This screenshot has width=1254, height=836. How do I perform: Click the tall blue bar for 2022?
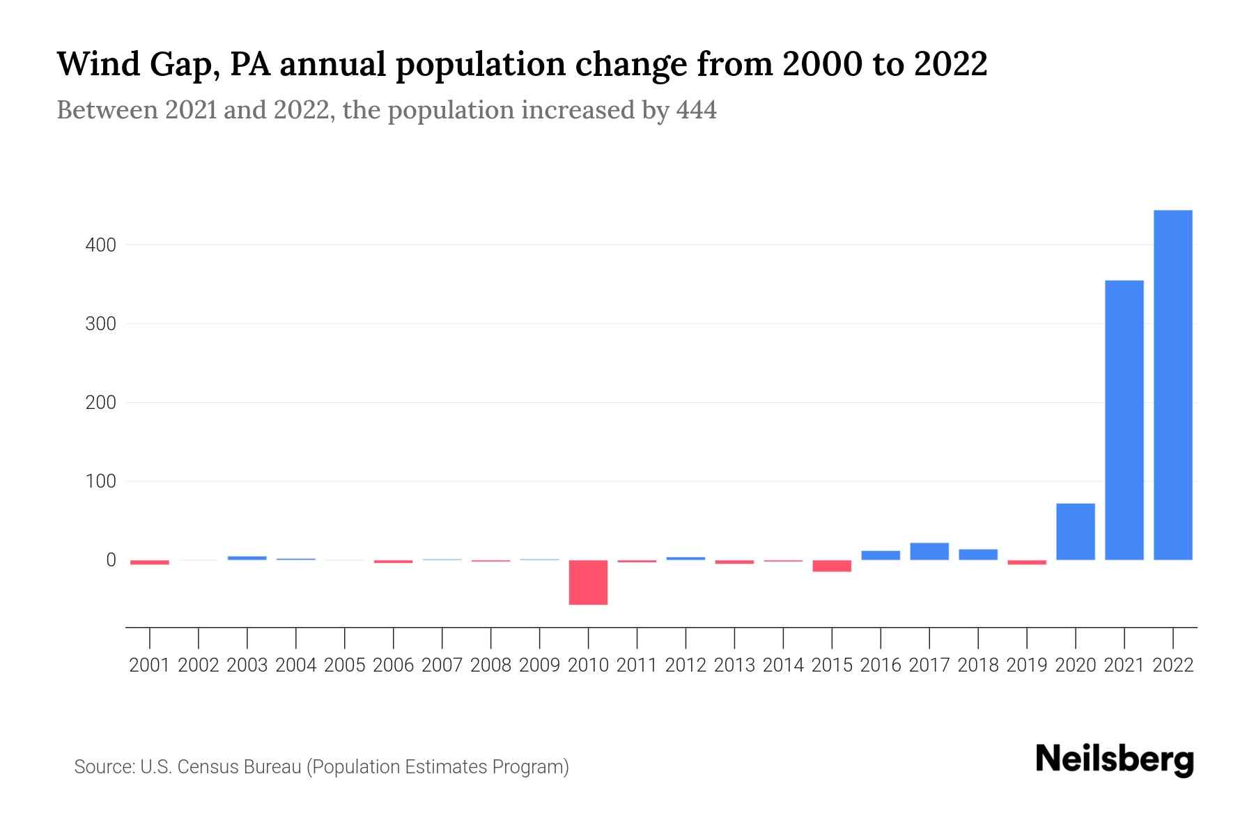coord(1172,385)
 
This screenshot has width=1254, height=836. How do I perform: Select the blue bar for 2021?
coord(1124,419)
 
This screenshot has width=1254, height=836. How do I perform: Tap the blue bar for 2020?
coord(1075,532)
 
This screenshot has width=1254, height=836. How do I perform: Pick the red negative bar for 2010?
coord(588,582)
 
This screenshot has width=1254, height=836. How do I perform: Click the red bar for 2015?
coord(832,566)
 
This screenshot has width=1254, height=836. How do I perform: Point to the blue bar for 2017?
coord(929,551)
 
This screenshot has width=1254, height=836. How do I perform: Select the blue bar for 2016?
coord(880,555)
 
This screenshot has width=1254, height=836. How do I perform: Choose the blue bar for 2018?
coord(977,555)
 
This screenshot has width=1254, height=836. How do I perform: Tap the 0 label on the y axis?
coord(111,560)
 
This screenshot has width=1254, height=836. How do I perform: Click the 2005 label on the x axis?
coord(345,665)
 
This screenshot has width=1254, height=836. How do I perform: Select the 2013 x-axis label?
coord(734,665)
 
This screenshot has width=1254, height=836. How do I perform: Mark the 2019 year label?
coord(1026,665)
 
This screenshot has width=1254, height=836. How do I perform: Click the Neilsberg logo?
coord(1115,759)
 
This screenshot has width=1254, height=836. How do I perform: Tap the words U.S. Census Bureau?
coord(221,767)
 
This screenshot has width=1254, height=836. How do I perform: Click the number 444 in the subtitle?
coord(696,111)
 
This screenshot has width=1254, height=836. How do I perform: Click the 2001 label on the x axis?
coord(150,665)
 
